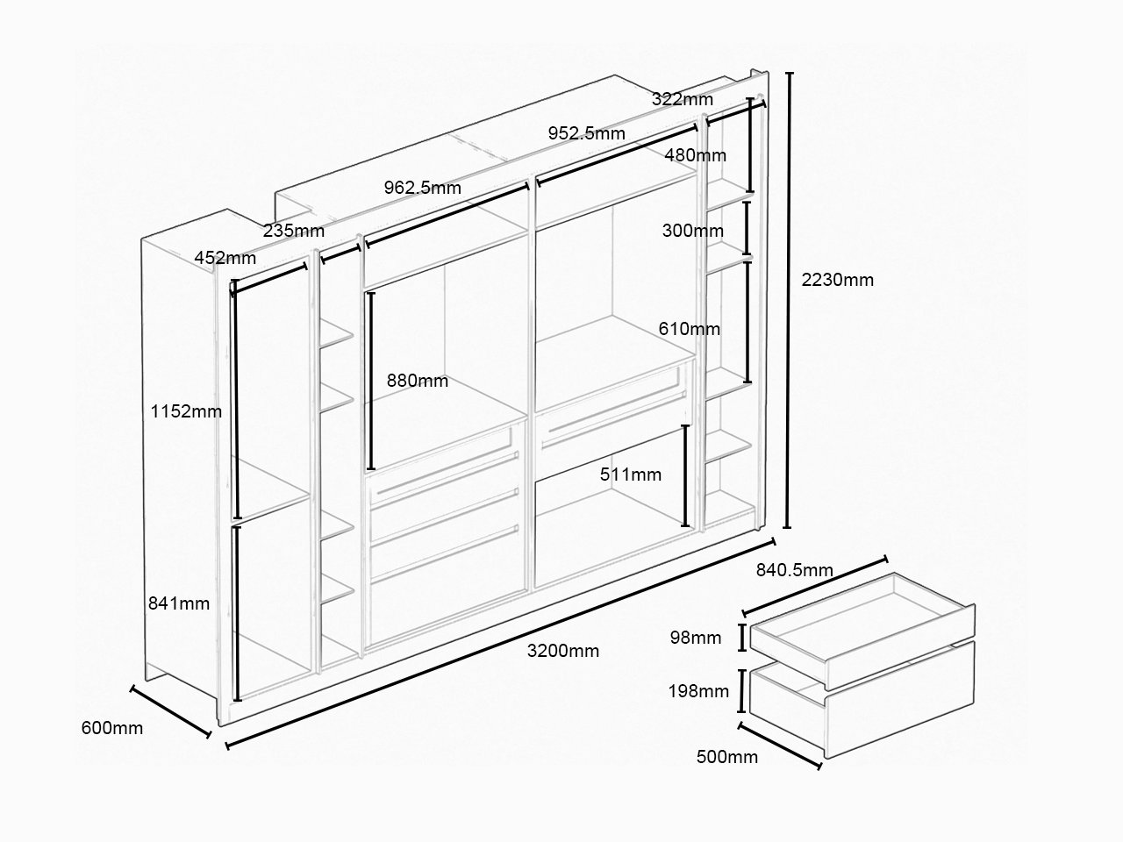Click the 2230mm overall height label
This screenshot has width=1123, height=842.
tap(838, 280)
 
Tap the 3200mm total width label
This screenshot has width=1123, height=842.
tap(562, 651)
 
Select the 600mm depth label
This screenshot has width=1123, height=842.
tap(112, 728)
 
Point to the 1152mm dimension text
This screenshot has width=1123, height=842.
tap(186, 411)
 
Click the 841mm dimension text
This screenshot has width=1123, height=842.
tap(179, 603)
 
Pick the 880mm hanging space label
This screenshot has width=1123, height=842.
tap(418, 381)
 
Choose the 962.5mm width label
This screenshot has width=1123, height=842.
tap(423, 188)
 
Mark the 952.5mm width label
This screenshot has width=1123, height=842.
tap(587, 133)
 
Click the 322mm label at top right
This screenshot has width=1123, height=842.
tap(683, 99)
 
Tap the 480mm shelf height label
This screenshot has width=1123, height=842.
tap(695, 155)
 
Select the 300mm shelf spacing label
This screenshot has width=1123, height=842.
tap(693, 231)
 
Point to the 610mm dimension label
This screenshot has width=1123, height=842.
tap(689, 329)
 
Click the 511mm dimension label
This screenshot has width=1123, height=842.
tap(631, 475)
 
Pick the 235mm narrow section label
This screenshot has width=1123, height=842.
tap(294, 231)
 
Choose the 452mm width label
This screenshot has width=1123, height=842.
tap(225, 258)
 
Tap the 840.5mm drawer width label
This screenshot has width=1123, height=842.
tap(795, 570)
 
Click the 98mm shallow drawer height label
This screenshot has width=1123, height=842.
tap(696, 638)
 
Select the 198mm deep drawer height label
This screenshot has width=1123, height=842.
tap(698, 691)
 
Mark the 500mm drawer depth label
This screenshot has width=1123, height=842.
tap(727, 757)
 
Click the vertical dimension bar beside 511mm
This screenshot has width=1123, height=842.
tap(685, 475)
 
